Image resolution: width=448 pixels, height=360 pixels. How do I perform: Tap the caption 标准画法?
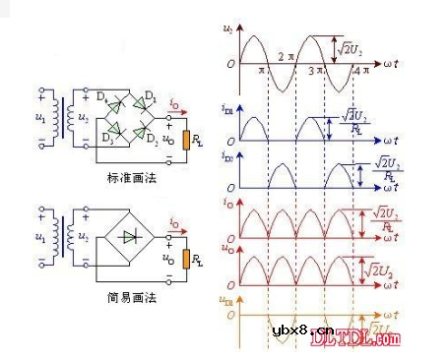[x=132, y=177]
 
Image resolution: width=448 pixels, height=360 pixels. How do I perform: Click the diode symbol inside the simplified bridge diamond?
[x=129, y=237]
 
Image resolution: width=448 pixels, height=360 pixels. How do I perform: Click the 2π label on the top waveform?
[x=286, y=55]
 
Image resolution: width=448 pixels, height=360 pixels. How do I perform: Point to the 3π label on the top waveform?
[x=318, y=72]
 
